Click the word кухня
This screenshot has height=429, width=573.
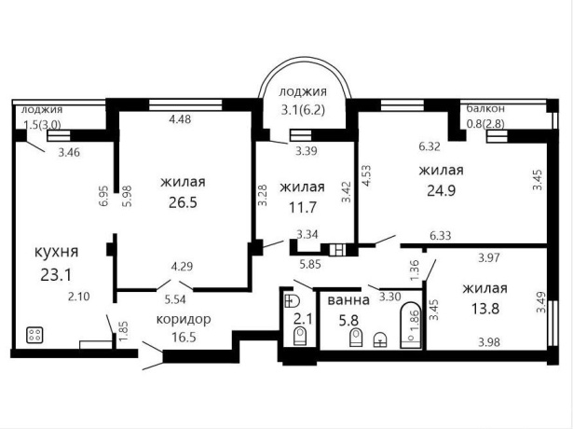(x=56, y=252)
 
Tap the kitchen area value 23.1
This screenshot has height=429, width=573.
(x=56, y=275)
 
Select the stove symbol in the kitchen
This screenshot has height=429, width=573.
(x=34, y=335)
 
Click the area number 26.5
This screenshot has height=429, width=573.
(x=183, y=201)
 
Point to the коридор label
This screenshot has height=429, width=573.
(x=184, y=319)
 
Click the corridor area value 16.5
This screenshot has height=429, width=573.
(x=184, y=337)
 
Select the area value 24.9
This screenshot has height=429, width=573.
(x=441, y=190)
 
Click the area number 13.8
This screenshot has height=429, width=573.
(x=484, y=309)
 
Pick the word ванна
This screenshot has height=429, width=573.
(x=348, y=300)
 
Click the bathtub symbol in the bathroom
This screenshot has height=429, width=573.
(x=411, y=325)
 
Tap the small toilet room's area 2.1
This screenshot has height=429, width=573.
(x=304, y=319)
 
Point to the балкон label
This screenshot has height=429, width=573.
(x=485, y=108)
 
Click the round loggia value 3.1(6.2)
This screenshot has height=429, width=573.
(x=303, y=110)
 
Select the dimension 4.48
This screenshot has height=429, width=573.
(x=180, y=118)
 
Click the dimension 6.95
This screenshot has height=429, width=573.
(x=104, y=196)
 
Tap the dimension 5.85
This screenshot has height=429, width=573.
(x=310, y=264)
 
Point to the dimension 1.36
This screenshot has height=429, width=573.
(x=415, y=270)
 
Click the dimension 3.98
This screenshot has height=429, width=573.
(x=489, y=342)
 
